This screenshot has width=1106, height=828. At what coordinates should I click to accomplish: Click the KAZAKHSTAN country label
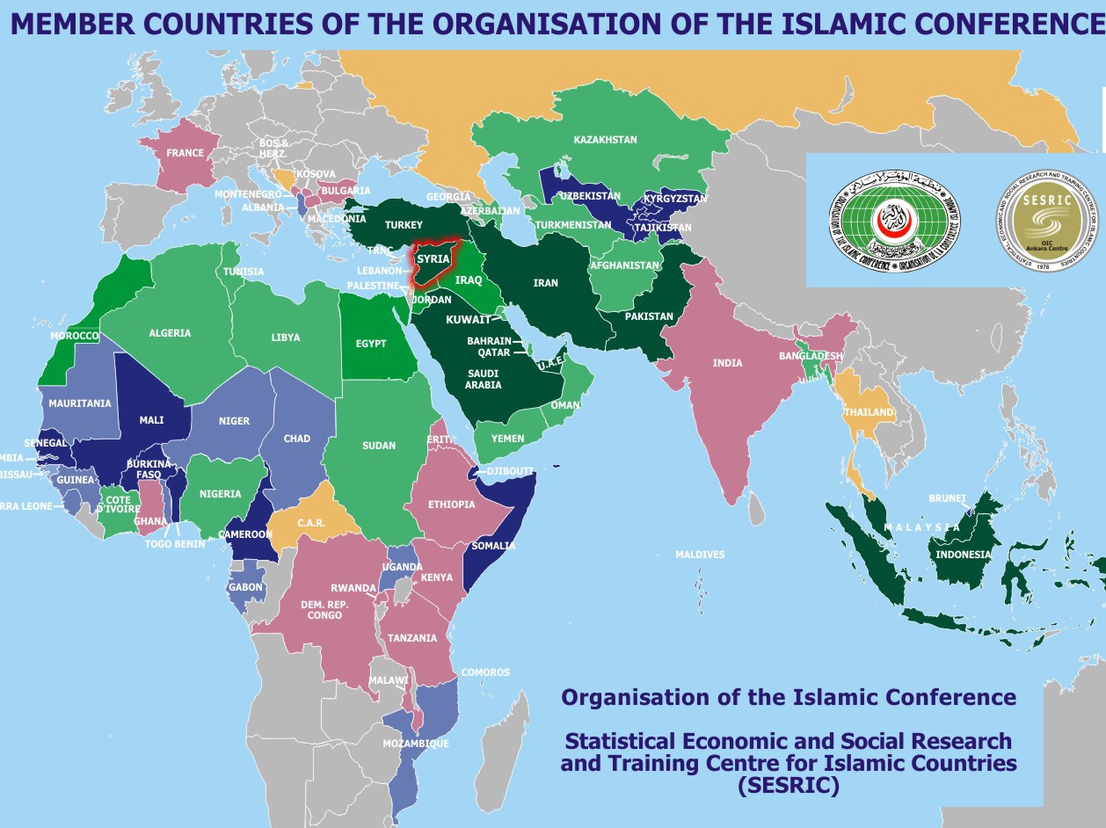[605, 140]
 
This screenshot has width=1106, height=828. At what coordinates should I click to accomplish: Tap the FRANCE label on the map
[185, 153]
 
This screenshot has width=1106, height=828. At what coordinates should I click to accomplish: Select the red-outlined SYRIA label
[433, 259]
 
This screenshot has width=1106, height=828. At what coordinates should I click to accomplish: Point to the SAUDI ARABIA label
[484, 379]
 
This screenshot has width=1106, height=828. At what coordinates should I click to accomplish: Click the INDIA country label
[727, 363]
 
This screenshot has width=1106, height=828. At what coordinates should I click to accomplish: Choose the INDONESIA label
[964, 555]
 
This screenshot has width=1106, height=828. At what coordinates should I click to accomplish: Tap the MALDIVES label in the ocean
[700, 555]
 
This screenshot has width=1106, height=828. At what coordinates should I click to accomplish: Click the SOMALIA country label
[493, 546]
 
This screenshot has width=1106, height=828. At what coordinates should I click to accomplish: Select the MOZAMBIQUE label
[416, 744]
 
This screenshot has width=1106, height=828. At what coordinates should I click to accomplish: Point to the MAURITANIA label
[80, 403]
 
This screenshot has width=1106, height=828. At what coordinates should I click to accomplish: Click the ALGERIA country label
[170, 333]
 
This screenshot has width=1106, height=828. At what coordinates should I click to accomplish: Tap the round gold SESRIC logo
[1047, 220]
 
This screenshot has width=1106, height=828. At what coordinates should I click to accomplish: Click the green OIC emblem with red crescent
[899, 220]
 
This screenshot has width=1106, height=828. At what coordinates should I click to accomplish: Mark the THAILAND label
[869, 412]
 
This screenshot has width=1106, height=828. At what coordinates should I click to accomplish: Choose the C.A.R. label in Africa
[311, 523]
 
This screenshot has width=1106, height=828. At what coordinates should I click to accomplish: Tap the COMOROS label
[485, 672]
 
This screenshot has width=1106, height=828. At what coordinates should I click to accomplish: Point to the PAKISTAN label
[649, 316]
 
